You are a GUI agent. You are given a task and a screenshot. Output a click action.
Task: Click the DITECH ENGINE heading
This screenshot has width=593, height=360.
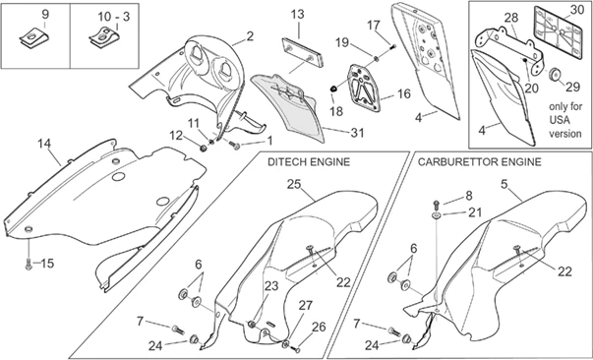click(x=309, y=162)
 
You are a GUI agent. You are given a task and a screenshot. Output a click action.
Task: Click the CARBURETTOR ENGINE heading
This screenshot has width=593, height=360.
click(x=479, y=162)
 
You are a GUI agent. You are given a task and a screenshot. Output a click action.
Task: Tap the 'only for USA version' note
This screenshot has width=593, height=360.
click(x=565, y=120)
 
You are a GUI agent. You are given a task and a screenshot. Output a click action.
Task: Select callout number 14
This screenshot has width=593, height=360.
click(x=44, y=144)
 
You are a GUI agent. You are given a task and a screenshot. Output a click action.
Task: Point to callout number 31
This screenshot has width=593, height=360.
click(x=357, y=133)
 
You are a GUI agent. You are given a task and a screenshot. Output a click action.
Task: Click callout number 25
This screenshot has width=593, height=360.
click(x=294, y=185)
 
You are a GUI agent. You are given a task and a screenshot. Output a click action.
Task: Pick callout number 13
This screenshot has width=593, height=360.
click(x=298, y=15)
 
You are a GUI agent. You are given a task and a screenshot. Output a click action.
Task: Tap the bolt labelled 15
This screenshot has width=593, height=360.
click(x=29, y=264)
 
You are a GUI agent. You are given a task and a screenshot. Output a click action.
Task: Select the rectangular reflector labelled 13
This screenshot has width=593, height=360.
click(x=303, y=52)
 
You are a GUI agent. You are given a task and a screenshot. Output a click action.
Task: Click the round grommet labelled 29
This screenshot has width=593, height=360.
click(x=555, y=74)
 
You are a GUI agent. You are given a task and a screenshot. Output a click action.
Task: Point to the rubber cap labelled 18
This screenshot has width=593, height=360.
click(x=333, y=89)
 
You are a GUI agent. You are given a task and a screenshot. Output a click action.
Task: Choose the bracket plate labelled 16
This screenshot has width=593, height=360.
click(x=364, y=88)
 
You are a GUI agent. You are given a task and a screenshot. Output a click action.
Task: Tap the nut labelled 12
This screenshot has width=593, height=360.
click(x=204, y=148)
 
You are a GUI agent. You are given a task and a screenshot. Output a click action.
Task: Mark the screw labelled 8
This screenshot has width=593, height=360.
click(x=436, y=205)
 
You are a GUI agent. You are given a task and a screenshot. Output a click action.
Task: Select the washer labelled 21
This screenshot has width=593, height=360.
click(x=437, y=215)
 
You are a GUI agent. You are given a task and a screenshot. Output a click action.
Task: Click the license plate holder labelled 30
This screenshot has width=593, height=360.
click(x=558, y=33)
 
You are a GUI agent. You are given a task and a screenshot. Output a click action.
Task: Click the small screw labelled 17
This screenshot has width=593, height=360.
click(x=392, y=47)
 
